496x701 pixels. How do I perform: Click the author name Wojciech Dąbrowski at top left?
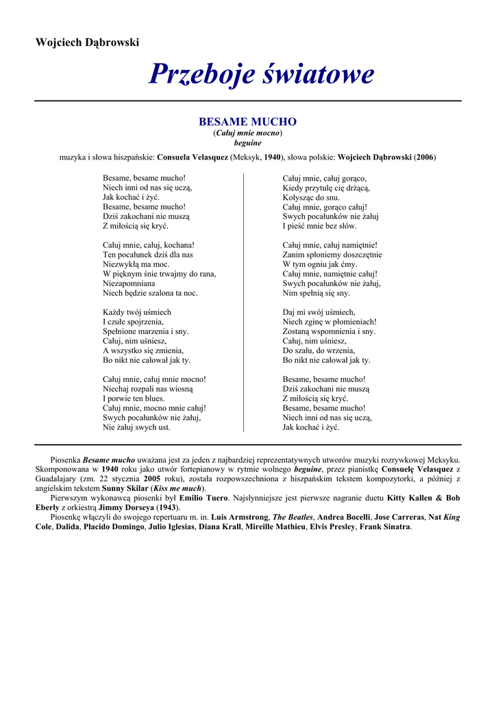click(87, 42)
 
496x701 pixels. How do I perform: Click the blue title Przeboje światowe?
click(262, 74)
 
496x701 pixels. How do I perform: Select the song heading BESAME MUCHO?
click(247, 122)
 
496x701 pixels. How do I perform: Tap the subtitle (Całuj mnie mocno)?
click(247, 133)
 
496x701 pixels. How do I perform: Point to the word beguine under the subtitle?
click(247, 143)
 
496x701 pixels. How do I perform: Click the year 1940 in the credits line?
click(273, 157)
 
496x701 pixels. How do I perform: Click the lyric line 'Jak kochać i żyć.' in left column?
click(131, 196)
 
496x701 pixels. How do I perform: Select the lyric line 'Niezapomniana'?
click(129, 283)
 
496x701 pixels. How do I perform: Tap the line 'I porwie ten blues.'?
click(134, 398)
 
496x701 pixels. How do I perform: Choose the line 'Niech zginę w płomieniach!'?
click(330, 321)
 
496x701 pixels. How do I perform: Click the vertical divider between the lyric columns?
click(244, 302)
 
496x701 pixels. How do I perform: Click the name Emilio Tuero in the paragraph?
click(203, 498)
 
